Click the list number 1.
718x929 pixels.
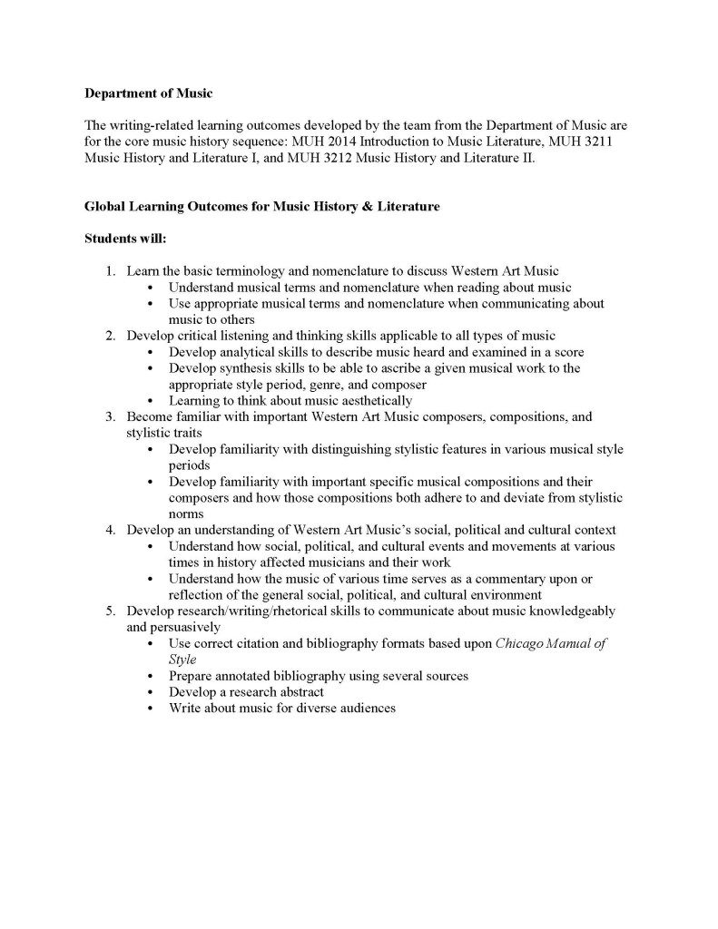[109, 271]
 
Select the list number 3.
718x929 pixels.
[109, 417]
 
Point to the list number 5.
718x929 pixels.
[109, 611]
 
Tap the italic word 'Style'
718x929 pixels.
[182, 660]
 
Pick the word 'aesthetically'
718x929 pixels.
[371, 401]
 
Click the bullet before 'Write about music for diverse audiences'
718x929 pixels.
[150, 709]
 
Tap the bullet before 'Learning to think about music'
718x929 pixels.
[150, 401]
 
